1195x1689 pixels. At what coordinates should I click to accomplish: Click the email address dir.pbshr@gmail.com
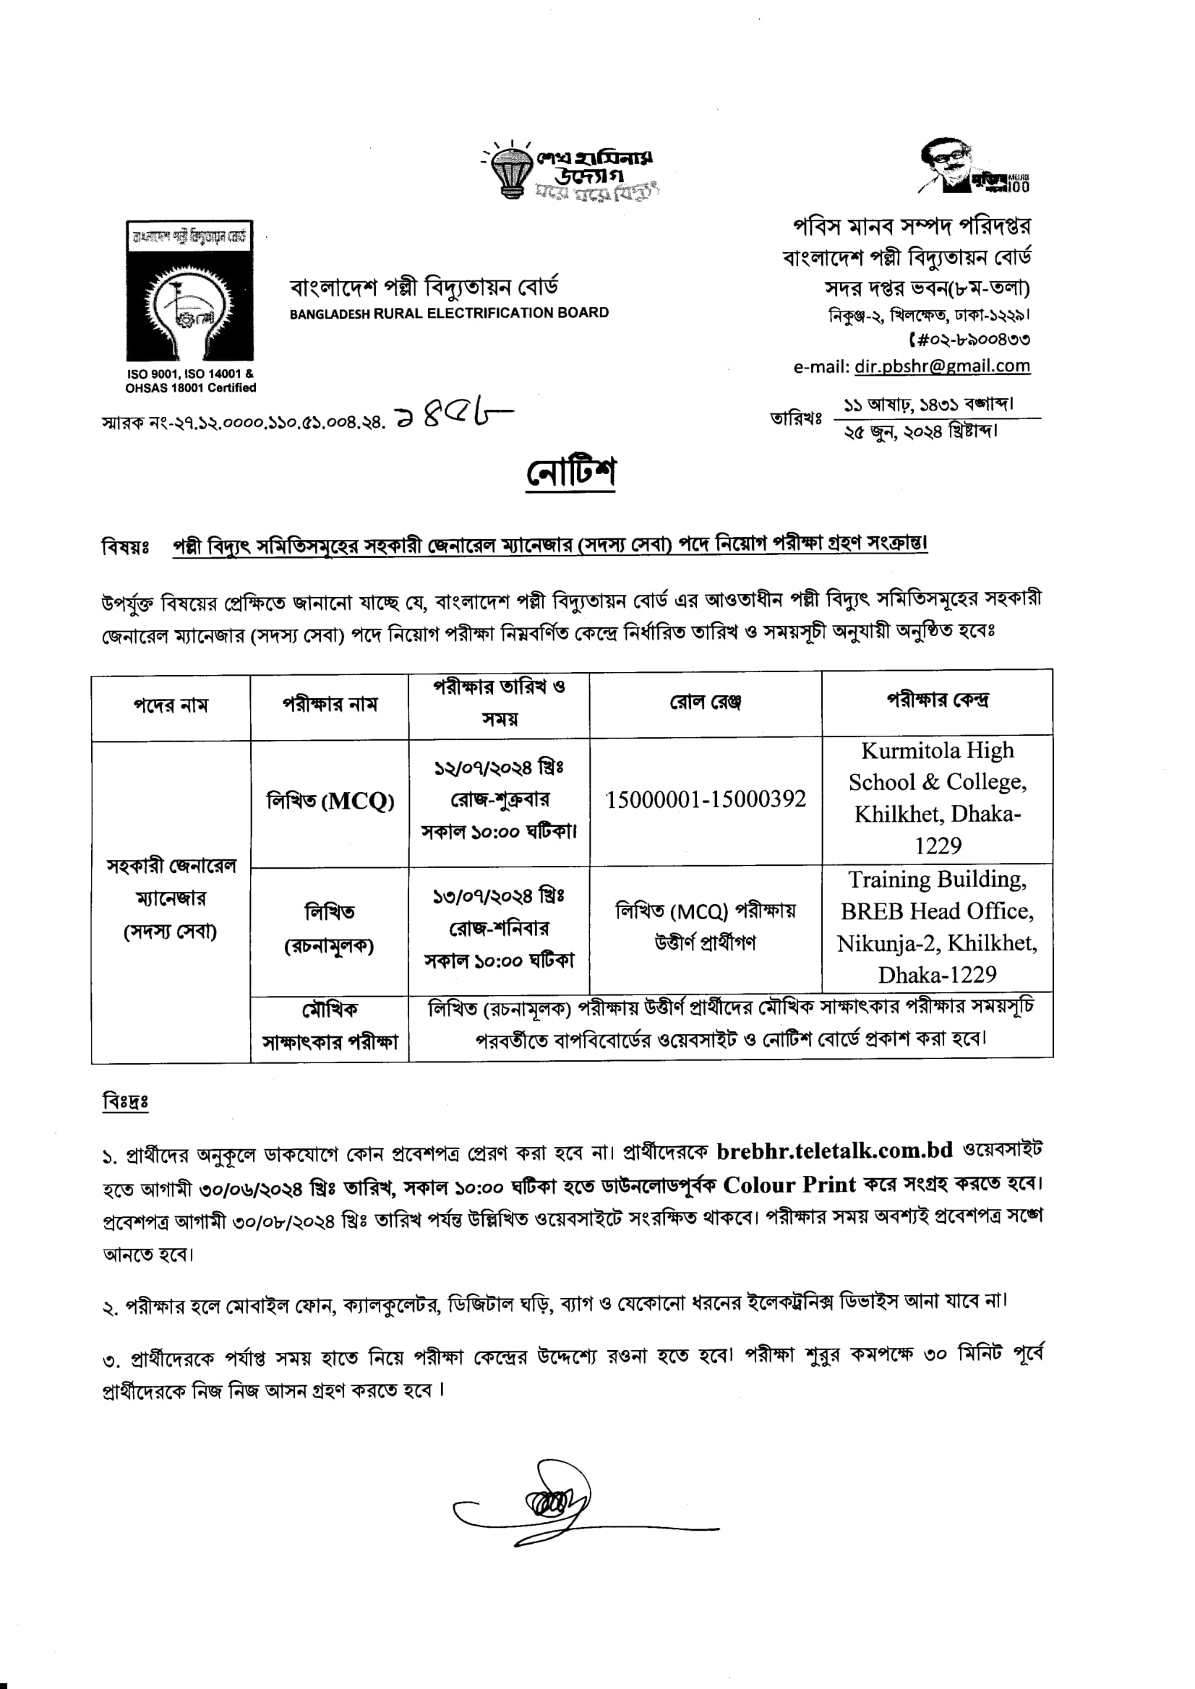(x=942, y=366)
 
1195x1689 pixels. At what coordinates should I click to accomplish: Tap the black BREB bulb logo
(x=190, y=291)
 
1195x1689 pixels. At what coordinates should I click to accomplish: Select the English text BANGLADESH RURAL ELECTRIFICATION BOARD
(x=449, y=313)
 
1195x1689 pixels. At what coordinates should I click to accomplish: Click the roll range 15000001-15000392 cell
(x=705, y=799)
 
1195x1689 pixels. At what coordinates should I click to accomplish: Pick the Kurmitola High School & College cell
(x=938, y=798)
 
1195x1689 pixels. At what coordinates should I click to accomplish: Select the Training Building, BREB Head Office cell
(x=938, y=927)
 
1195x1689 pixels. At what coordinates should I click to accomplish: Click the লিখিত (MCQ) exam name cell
(x=330, y=800)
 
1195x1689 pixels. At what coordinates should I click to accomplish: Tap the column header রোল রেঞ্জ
(x=705, y=702)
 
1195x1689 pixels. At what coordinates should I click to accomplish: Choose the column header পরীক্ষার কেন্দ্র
(x=938, y=700)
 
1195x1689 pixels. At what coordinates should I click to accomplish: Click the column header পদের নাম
(x=171, y=705)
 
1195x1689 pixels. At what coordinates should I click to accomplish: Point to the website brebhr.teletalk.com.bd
(x=834, y=1150)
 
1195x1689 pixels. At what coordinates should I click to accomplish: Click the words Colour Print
(x=789, y=1185)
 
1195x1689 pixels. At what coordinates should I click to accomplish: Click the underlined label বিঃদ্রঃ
(x=125, y=1101)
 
